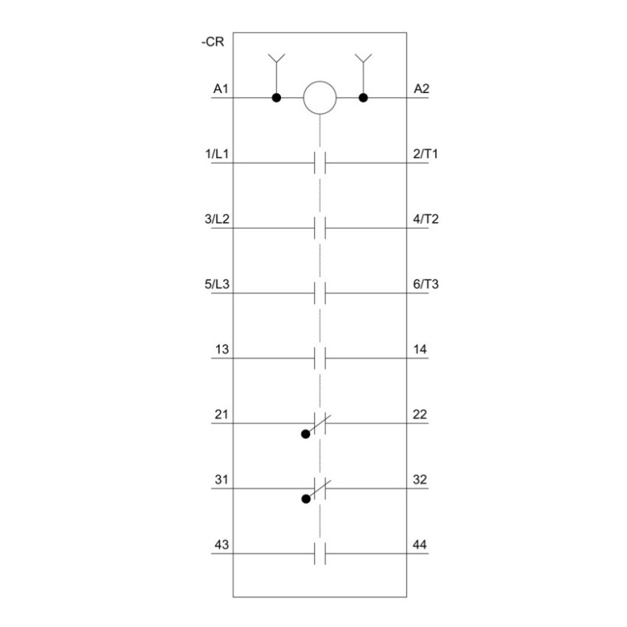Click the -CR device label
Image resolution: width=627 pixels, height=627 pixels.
[212, 41]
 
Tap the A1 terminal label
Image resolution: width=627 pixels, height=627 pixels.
[221, 89]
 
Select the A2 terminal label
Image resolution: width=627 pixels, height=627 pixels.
[421, 89]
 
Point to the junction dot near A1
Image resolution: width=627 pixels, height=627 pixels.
[277, 97]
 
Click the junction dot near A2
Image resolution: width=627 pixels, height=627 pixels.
[363, 97]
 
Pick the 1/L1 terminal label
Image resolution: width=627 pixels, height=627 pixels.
[217, 153]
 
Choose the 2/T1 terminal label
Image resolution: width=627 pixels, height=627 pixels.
[426, 153]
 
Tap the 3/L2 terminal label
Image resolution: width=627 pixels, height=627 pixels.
[217, 219]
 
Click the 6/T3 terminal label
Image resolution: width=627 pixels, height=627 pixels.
[426, 284]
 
